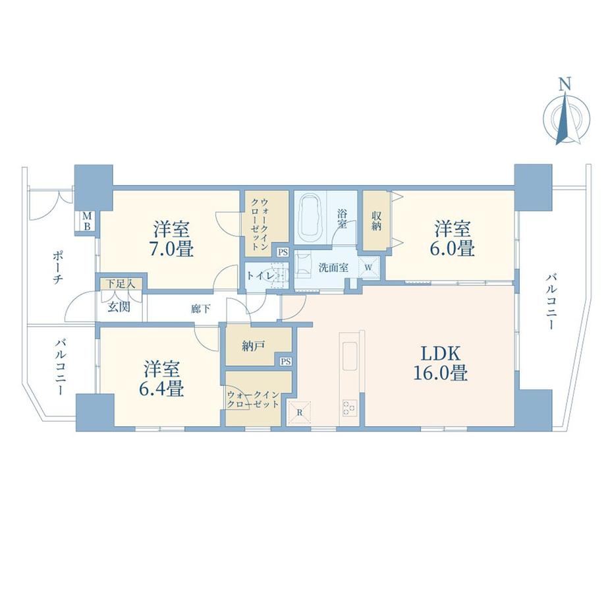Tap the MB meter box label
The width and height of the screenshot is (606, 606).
point(87,221)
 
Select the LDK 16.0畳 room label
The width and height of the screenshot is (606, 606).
point(441,364)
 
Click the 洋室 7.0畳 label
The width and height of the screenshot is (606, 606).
point(172,239)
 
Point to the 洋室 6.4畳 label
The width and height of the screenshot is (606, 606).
point(162,379)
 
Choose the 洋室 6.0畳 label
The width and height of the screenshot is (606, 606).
point(453,238)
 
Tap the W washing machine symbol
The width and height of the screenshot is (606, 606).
point(368,267)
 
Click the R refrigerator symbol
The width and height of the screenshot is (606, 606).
point(300,412)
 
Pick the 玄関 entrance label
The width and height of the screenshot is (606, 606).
point(119,307)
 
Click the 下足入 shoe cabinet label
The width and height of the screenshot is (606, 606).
point(121,284)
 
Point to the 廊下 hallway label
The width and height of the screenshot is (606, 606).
point(201,309)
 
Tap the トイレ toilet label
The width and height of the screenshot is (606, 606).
point(261,276)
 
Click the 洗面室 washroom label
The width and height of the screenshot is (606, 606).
point(333,267)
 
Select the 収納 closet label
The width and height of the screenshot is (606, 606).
point(376,221)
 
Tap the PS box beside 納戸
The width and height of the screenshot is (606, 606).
point(286,362)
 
